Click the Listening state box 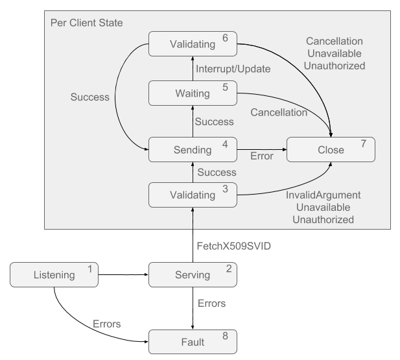click(54, 275)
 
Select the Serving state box click(193, 275)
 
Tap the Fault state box click(193, 342)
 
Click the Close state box click(331, 150)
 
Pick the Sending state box click(193, 150)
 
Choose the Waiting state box click(193, 93)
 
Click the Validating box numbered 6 click(193, 44)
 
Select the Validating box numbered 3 click(193, 195)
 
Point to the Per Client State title click(87, 23)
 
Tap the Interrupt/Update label click(233, 69)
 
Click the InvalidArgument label click(324, 195)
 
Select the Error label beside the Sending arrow click(261, 156)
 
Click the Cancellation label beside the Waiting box click(279, 112)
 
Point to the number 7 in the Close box click(364, 144)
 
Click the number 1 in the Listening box click(90, 269)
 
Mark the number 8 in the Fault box click(225, 336)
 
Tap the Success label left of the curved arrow click(90, 97)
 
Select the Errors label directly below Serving click(211, 303)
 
